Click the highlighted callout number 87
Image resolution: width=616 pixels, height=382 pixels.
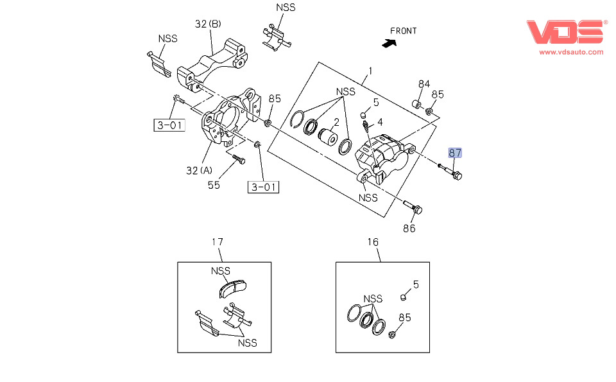(455, 153)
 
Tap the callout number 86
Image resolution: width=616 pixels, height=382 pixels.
(409, 229)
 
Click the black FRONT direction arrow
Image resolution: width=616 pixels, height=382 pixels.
(389, 43)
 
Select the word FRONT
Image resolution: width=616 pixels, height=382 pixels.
(403, 31)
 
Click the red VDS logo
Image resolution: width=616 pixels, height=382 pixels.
(565, 32)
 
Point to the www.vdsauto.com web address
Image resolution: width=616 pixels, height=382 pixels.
(571, 52)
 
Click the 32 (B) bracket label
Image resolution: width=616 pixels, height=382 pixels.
(208, 24)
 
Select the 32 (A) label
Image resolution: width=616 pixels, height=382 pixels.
(199, 171)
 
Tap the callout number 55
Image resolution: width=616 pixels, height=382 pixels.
(214, 185)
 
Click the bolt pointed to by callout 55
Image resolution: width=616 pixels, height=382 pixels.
(239, 159)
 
